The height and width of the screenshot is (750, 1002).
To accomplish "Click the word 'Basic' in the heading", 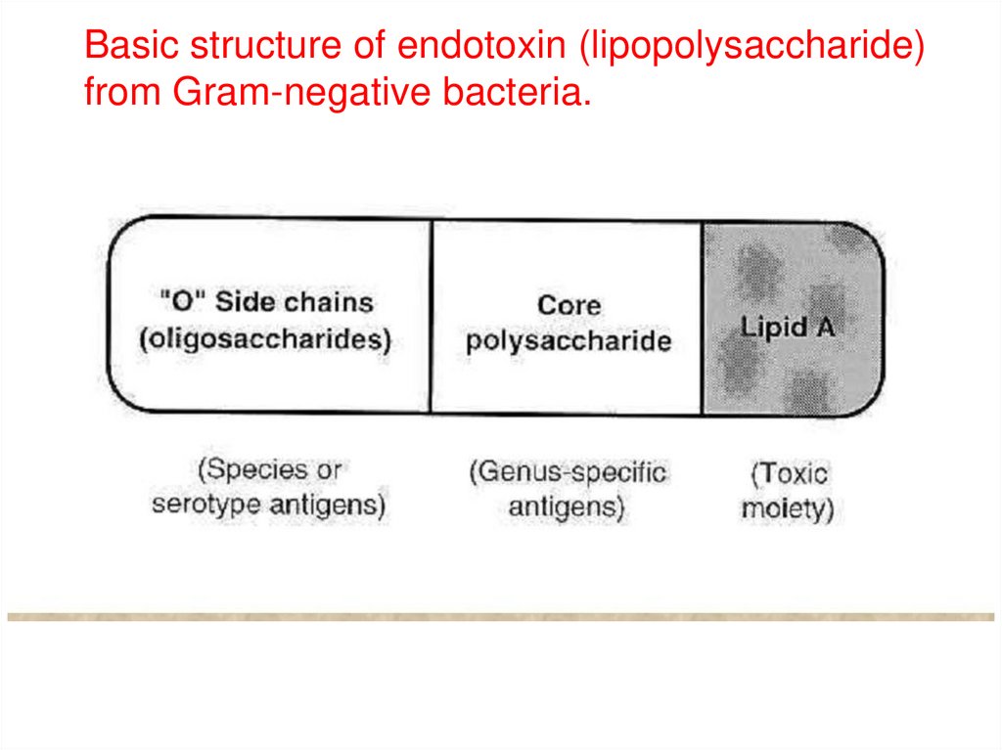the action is (130, 47).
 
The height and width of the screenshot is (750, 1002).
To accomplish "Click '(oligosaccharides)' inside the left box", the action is (264, 338).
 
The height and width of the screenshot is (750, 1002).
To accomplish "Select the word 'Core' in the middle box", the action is (569, 305).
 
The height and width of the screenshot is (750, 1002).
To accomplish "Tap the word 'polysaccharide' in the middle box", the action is (569, 341).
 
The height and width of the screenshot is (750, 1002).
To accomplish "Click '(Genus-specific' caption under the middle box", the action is (568, 472).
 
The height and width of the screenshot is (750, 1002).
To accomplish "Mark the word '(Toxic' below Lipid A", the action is (789, 474).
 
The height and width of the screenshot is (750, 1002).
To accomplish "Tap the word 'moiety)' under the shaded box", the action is (787, 509).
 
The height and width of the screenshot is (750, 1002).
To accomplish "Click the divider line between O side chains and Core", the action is (432, 315).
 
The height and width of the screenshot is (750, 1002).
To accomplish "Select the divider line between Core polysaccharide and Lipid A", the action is (702, 315).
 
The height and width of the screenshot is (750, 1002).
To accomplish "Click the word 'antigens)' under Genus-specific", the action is (567, 508).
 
